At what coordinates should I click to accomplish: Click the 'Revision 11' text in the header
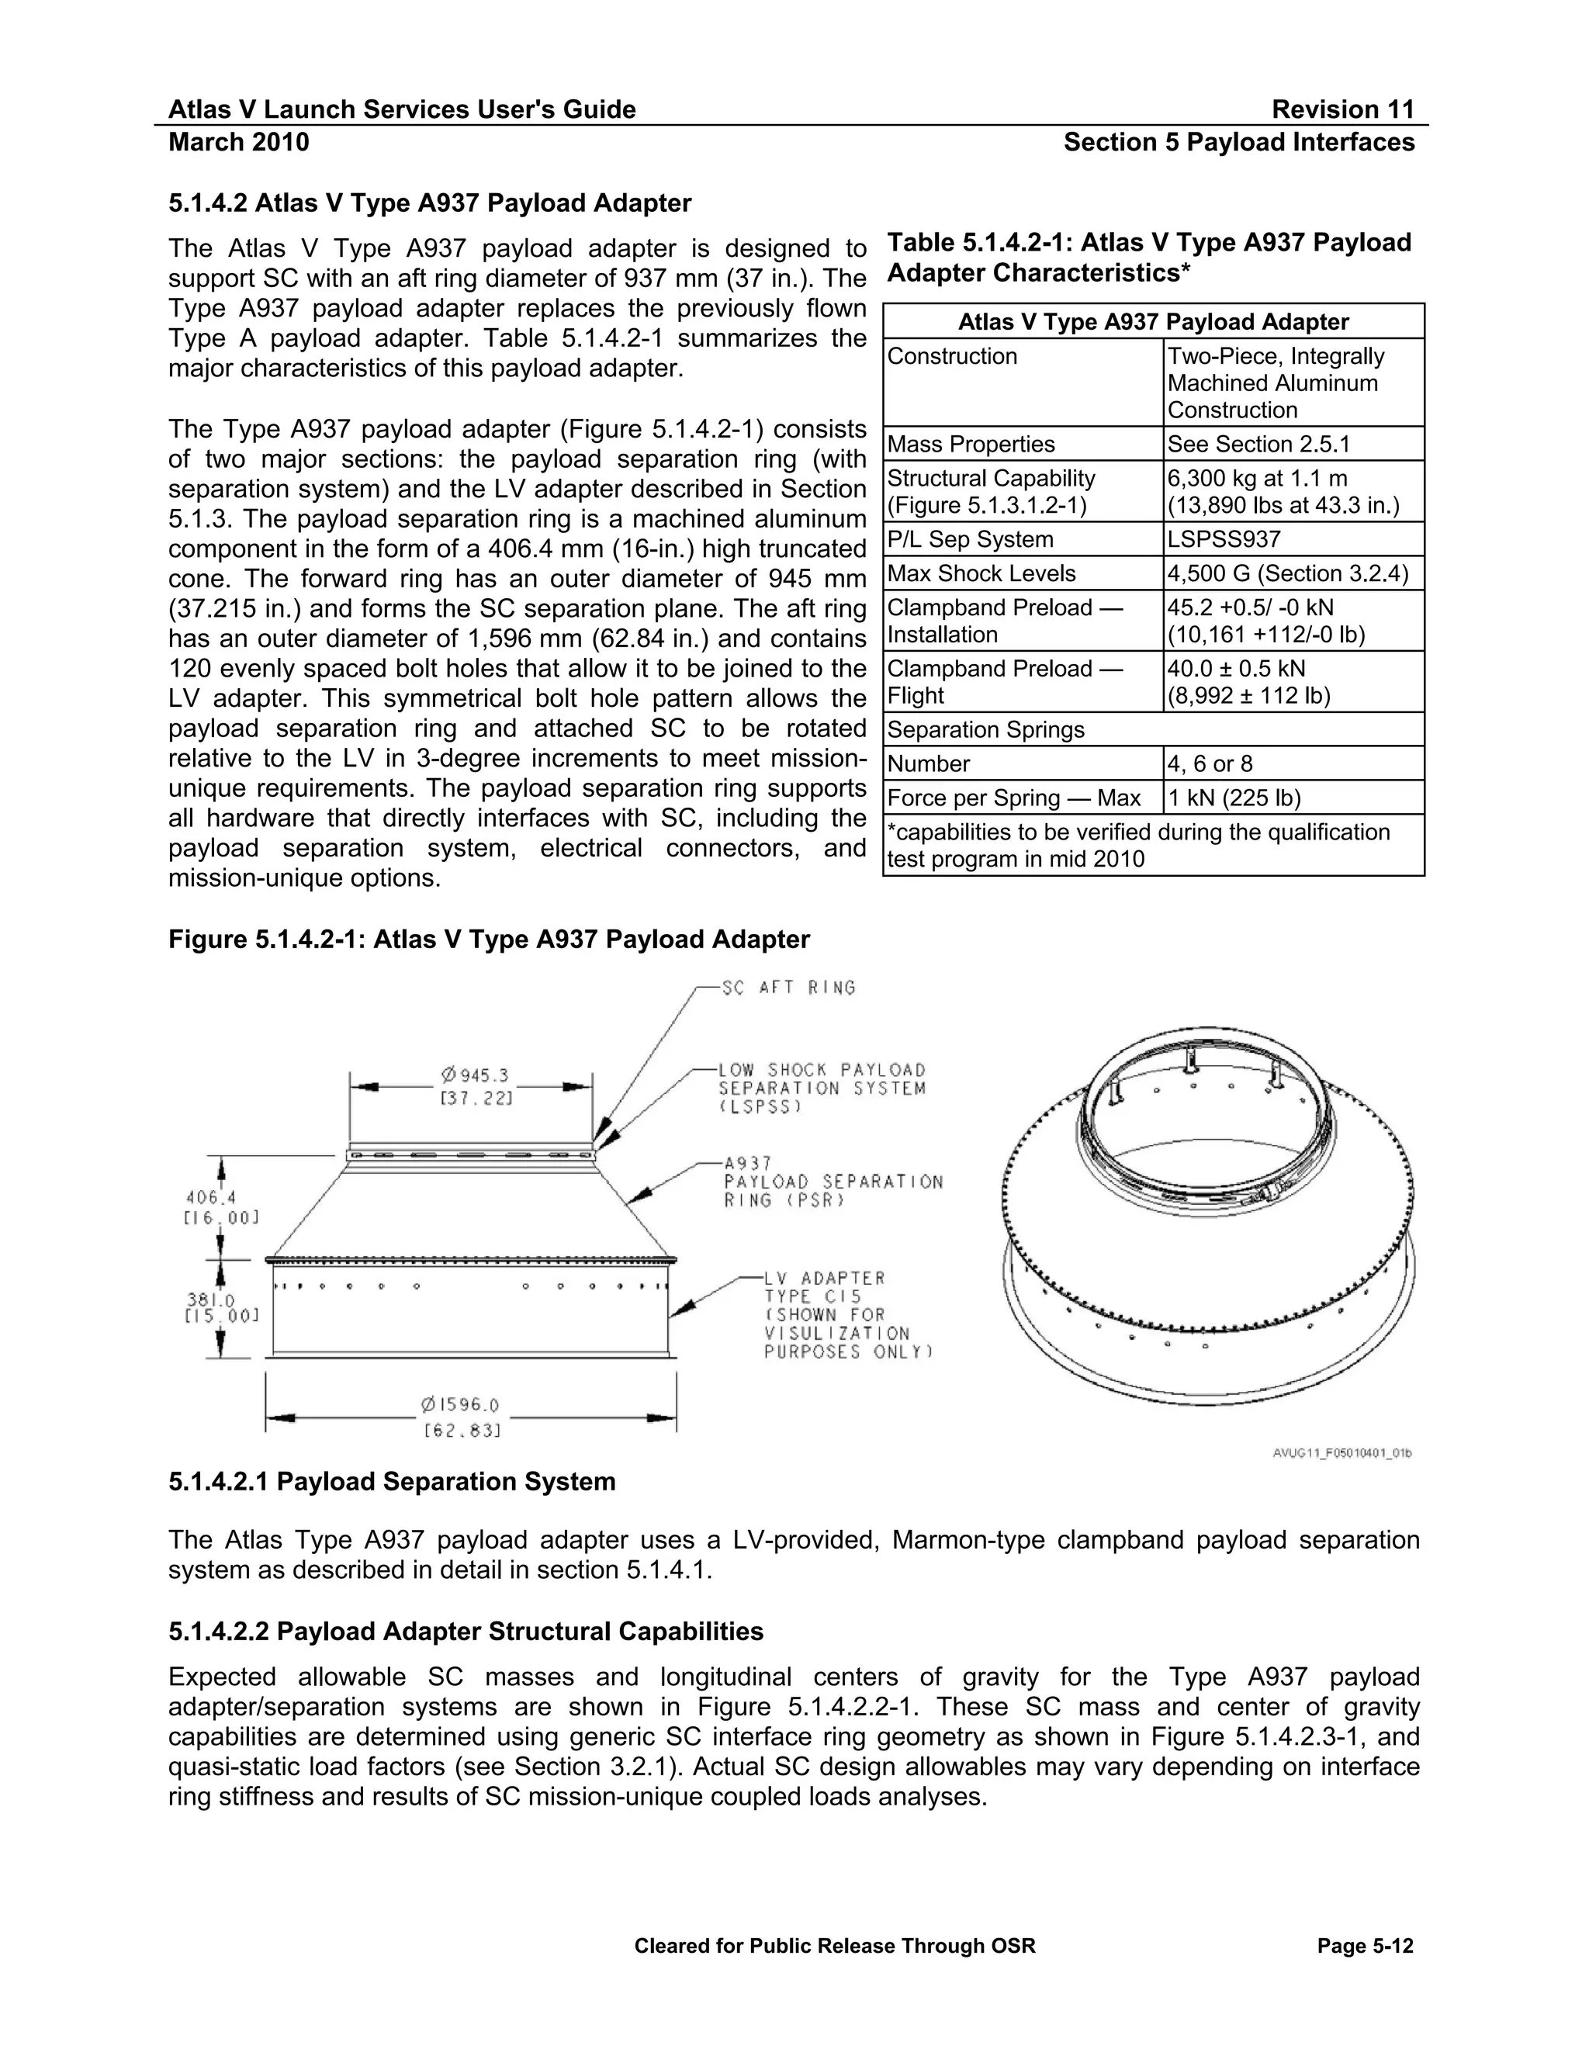[1342, 109]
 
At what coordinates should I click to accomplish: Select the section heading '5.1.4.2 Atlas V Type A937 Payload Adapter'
[429, 203]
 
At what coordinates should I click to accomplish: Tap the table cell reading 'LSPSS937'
[1224, 539]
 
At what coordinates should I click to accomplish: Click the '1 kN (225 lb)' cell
[1233, 798]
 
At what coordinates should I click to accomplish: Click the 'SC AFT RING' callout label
[789, 988]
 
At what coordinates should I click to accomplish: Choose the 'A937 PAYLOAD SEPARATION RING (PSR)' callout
[833, 1182]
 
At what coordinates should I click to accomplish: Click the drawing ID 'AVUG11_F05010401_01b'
[1341, 1452]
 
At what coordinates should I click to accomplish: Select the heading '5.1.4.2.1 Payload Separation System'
[392, 1482]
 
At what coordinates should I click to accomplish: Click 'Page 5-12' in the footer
[1365, 1946]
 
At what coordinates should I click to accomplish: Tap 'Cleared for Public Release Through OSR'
[834, 1946]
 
